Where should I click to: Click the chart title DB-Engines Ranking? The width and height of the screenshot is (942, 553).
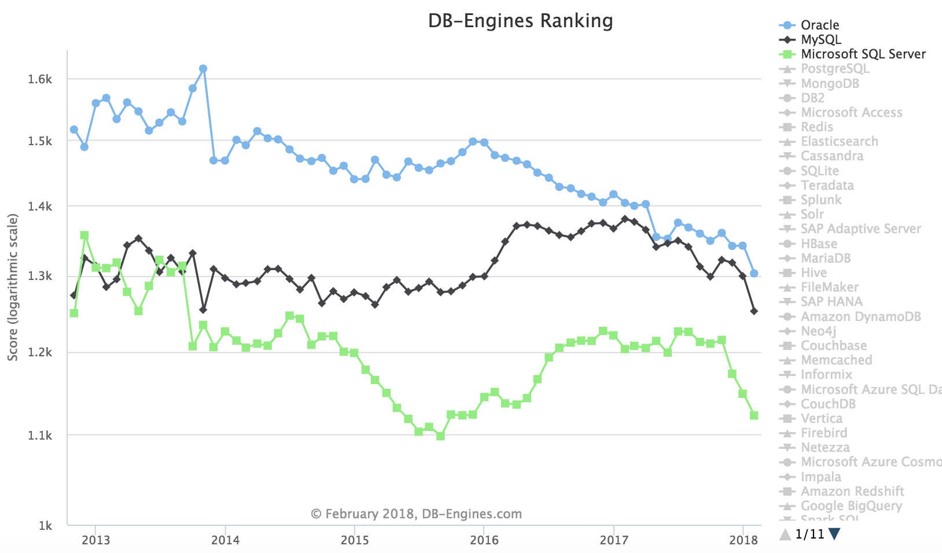click(520, 21)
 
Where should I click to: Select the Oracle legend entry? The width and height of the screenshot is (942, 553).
click(819, 25)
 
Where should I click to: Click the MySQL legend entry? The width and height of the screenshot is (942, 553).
click(820, 39)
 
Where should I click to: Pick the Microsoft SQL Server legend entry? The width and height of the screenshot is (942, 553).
click(863, 54)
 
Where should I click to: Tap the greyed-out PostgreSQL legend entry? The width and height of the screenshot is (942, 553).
click(834, 68)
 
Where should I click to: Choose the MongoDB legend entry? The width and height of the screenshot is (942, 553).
click(830, 83)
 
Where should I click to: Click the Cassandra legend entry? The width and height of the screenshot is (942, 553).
click(831, 156)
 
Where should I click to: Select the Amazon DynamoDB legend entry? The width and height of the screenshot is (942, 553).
click(860, 316)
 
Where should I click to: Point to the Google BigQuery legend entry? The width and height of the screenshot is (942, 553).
click(851, 506)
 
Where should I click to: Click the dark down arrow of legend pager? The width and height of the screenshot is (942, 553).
click(834, 534)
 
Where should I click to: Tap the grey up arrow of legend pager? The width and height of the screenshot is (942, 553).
click(785, 534)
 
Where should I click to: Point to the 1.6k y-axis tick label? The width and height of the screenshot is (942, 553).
click(40, 79)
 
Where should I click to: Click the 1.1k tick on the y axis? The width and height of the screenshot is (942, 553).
click(40, 436)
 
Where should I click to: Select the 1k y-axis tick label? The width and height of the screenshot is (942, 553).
click(45, 526)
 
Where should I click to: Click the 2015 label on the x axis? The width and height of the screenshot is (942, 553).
click(354, 540)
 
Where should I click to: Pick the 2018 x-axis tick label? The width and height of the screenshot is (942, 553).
click(743, 540)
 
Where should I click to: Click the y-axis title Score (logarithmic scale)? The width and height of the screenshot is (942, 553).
click(13, 287)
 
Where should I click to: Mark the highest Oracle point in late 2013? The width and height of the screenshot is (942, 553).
click(203, 69)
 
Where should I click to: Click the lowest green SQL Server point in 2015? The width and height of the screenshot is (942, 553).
click(440, 436)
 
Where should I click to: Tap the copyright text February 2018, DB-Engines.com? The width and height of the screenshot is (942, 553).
click(416, 514)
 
